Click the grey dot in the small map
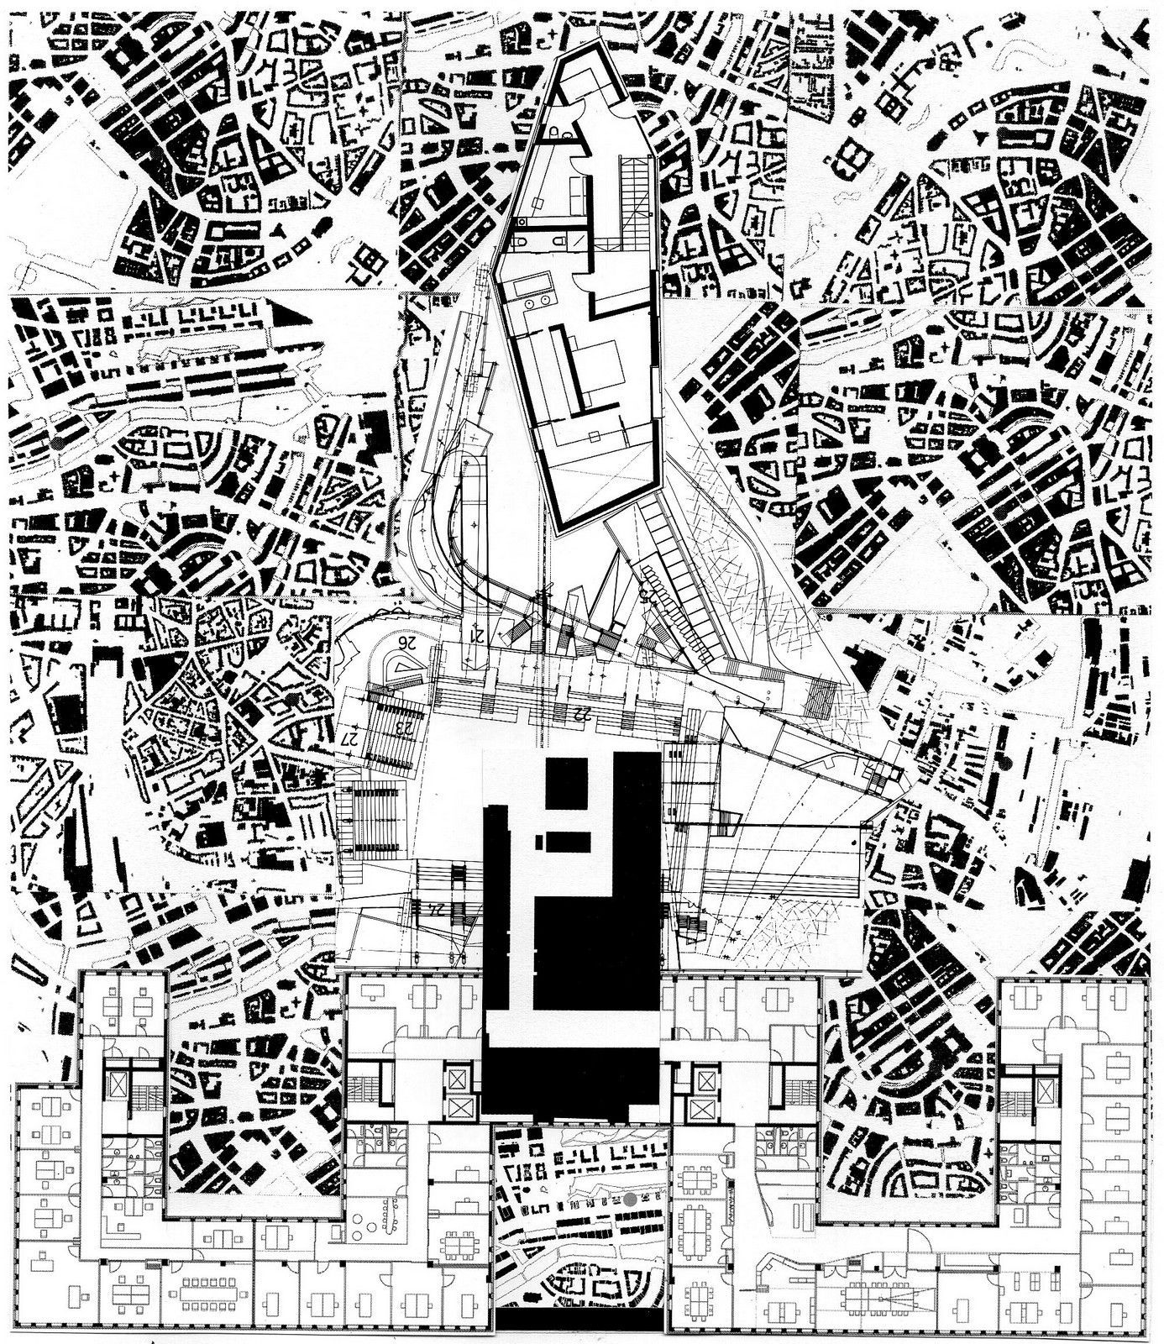tap(630, 1199)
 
